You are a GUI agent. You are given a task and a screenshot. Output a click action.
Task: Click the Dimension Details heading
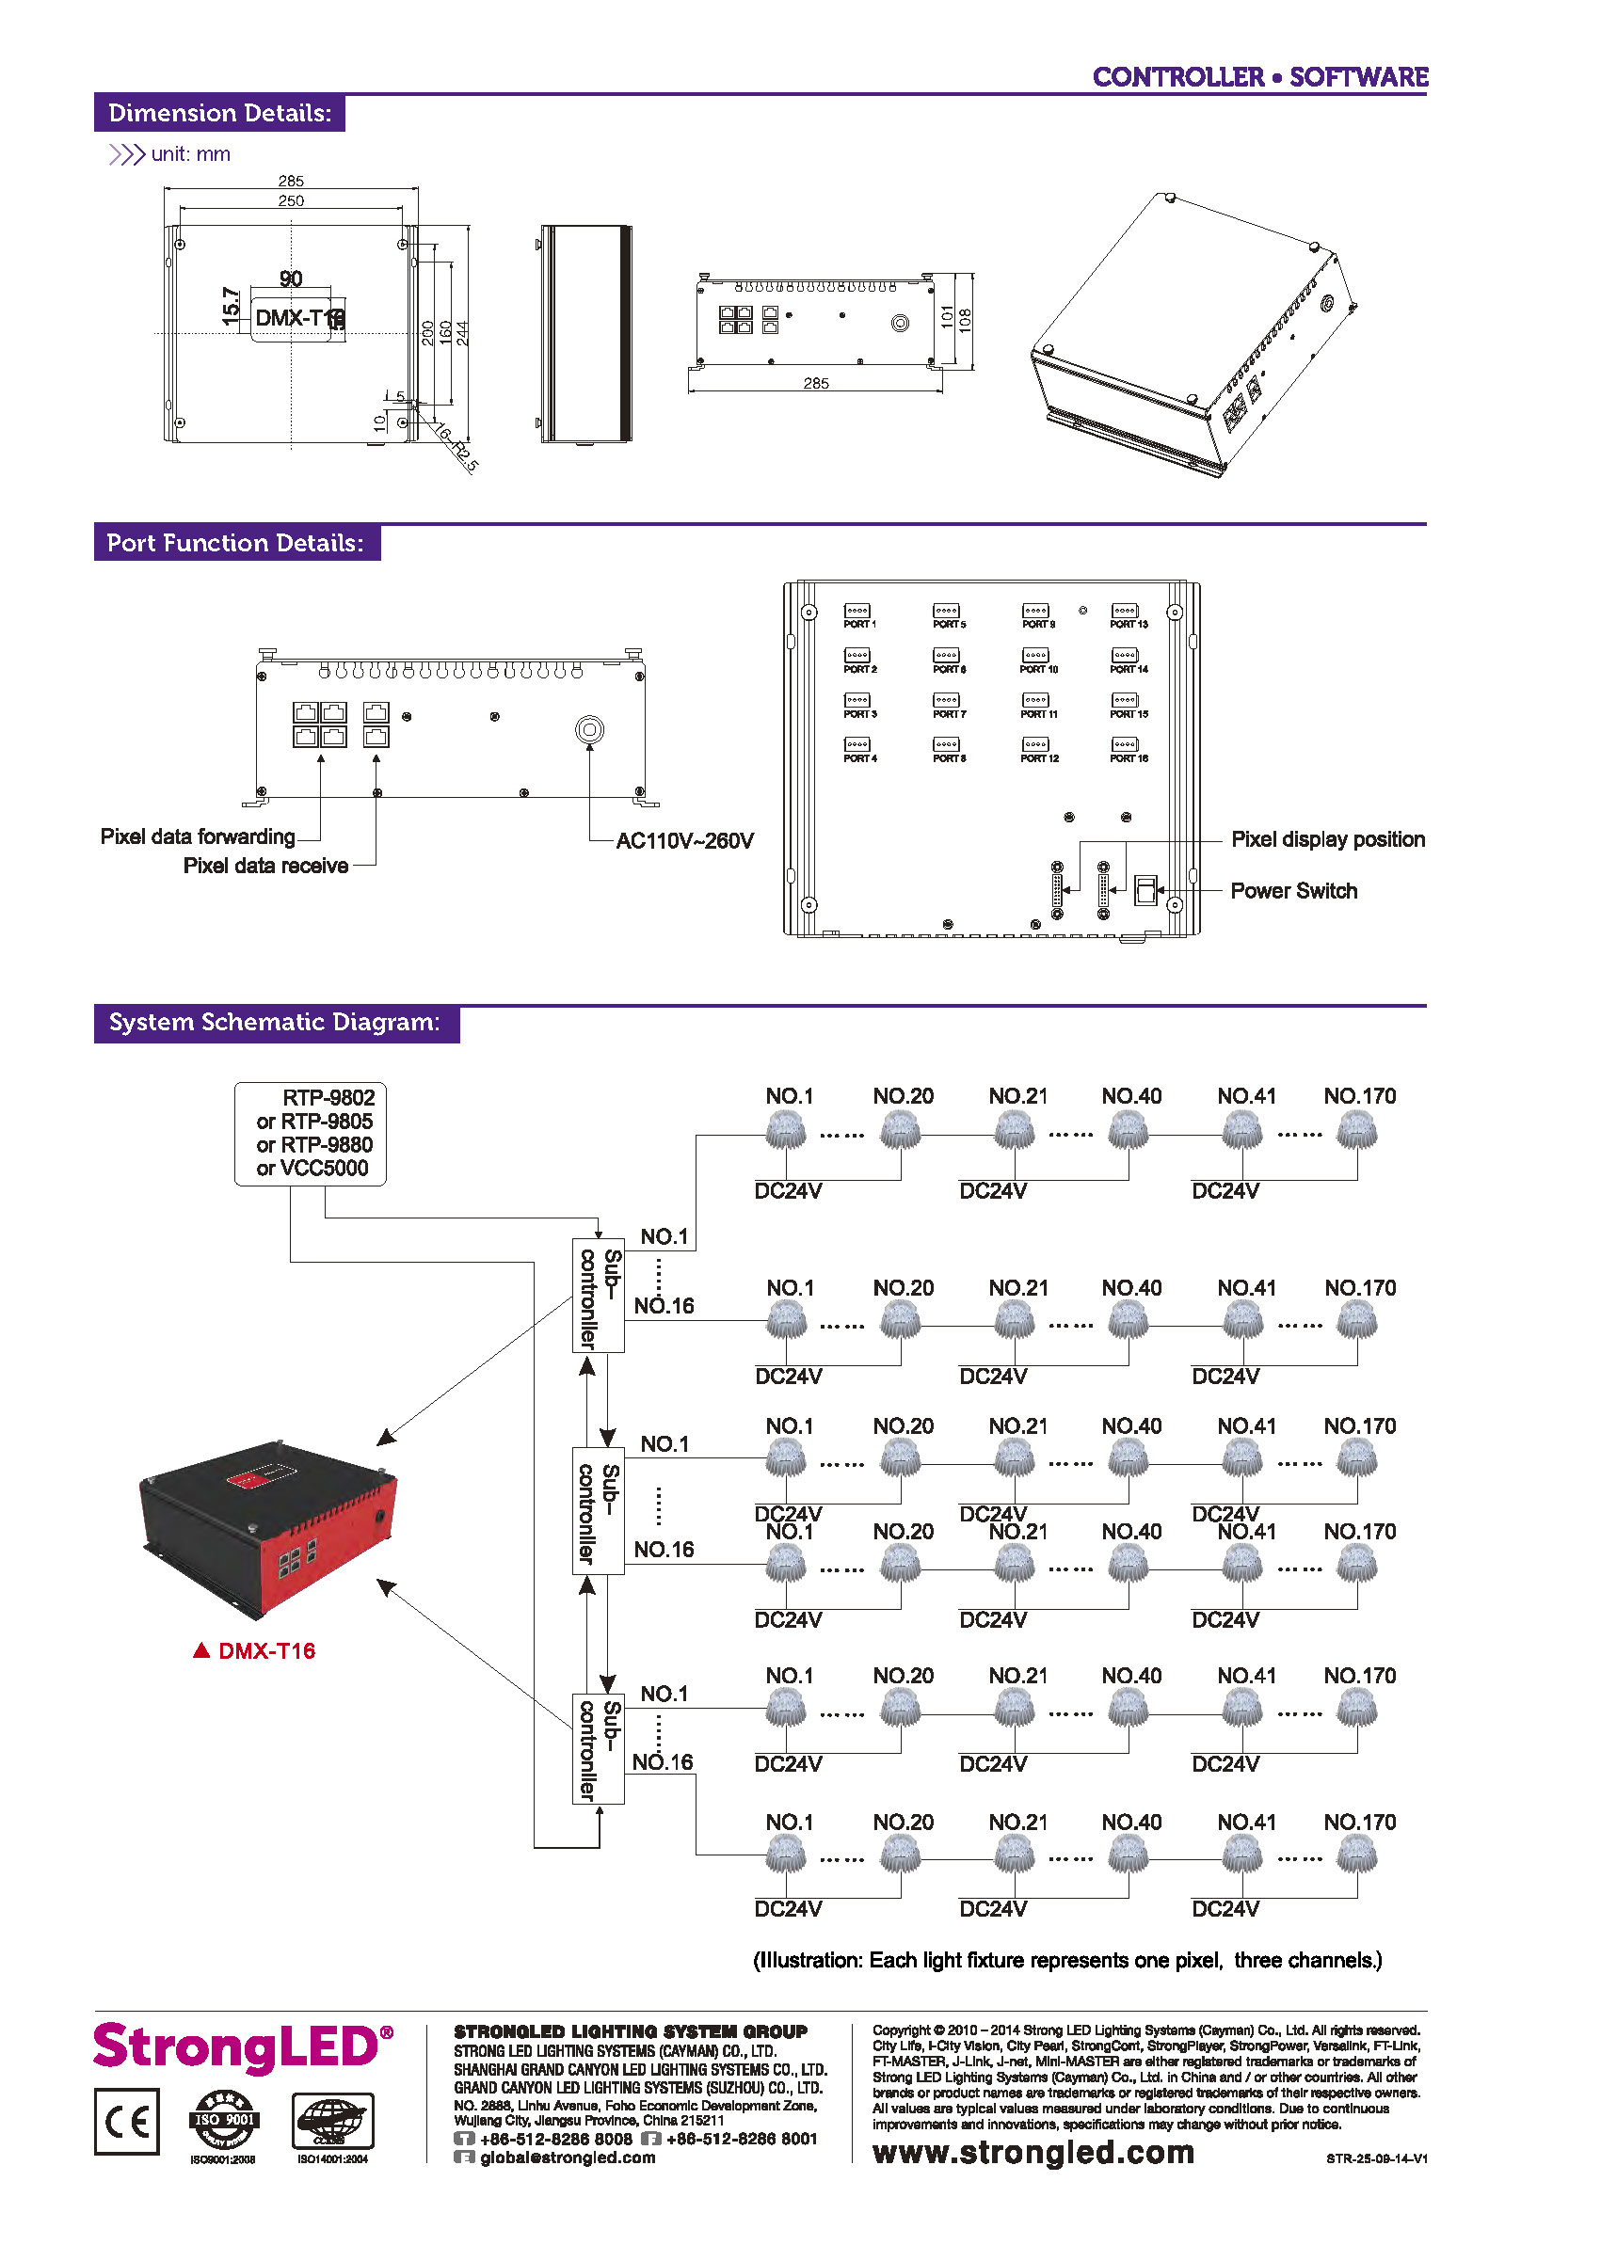[x=219, y=113]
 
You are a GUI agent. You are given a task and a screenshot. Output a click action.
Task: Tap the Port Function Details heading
[x=235, y=543]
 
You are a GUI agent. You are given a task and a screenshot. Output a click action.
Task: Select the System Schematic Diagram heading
[x=274, y=1022]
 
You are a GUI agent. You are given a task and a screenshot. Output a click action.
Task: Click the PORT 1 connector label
[x=858, y=624]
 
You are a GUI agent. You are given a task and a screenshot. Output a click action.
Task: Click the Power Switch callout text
[x=1293, y=891]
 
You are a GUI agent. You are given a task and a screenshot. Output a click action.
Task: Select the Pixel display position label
[x=1327, y=839]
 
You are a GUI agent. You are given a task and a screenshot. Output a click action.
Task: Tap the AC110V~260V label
[x=684, y=840]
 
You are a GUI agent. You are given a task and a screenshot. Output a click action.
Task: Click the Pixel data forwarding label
[x=197, y=836]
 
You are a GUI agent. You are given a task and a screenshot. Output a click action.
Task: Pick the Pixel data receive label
[x=265, y=866]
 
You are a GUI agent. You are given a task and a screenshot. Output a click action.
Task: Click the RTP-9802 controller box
[x=311, y=1134]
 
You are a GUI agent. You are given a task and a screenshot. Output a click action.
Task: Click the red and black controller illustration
[x=268, y=1527]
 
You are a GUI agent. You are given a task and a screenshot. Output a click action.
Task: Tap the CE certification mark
[x=127, y=2121]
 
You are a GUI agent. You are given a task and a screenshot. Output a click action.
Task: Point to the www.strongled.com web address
[x=1033, y=2153]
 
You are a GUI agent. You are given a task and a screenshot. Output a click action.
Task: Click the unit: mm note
[x=190, y=154]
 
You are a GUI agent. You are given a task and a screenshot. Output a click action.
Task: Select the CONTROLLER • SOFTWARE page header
[x=1260, y=77]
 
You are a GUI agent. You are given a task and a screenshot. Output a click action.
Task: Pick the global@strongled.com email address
[x=567, y=2157]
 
